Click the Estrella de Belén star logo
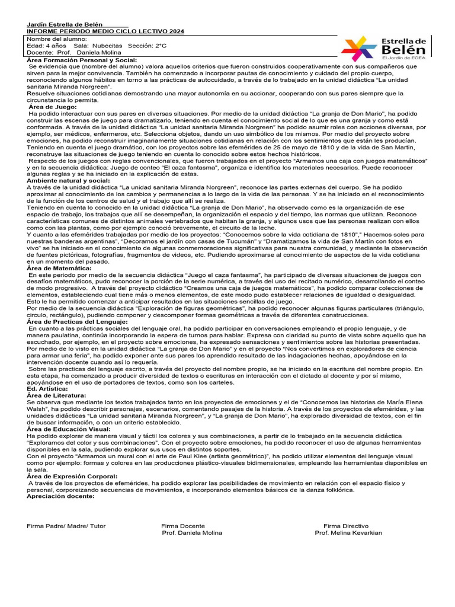(359, 48)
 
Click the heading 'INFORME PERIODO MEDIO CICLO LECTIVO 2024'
(105, 31)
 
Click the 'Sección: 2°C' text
(147, 46)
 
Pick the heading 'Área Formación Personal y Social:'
(82, 60)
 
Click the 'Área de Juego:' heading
(53, 107)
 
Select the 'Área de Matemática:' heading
(59, 268)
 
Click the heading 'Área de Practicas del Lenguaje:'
(77, 321)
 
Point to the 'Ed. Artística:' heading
(47, 388)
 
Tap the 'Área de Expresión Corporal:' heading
(71, 476)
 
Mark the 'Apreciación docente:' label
(60, 496)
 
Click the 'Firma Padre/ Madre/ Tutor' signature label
(66, 526)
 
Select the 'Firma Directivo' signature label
(345, 526)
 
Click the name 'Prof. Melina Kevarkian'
(348, 533)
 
